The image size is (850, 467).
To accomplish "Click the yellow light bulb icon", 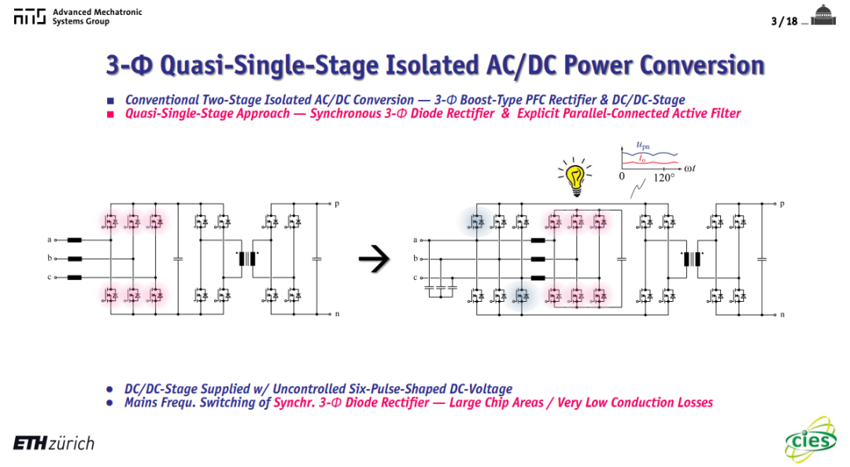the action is (575, 177).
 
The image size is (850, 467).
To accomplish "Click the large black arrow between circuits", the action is (374, 259).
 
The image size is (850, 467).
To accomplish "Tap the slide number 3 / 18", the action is (784, 21).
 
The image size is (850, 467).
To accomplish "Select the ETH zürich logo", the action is (54, 443).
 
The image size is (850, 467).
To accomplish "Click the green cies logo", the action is (811, 439).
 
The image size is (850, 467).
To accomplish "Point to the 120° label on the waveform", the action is (664, 178).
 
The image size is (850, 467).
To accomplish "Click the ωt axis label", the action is (689, 168).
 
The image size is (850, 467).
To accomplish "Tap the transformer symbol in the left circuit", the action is (247, 259).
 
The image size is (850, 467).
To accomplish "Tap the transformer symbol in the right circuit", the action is (692, 259).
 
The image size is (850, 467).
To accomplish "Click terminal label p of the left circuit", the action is (337, 204).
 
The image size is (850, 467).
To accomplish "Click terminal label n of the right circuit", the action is (782, 314).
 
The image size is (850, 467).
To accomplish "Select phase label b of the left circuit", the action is (50, 259).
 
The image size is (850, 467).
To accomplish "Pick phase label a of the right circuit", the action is (416, 240).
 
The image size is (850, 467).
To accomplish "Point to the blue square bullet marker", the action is (111, 101).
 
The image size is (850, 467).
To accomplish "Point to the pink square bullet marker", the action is (111, 114).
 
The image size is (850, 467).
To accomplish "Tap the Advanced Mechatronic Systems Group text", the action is (97, 17).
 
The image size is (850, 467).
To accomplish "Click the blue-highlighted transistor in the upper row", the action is (476, 222).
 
